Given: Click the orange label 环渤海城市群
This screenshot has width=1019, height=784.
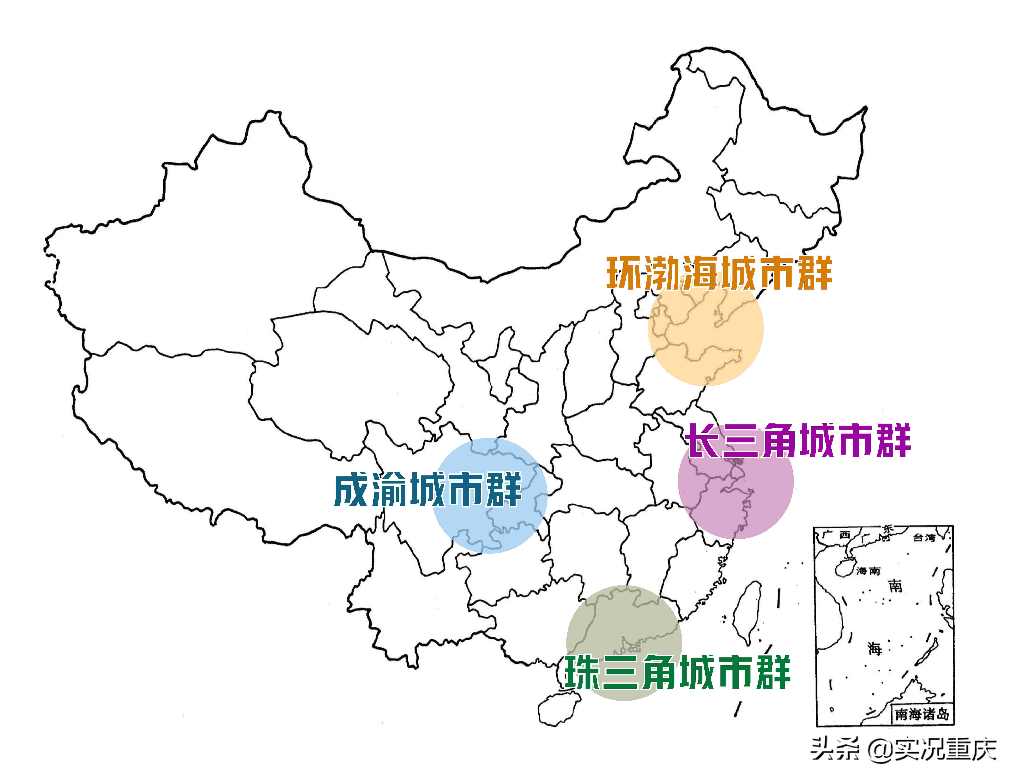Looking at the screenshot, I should coord(719,273).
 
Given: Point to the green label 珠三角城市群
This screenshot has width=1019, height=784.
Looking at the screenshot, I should coord(678,672).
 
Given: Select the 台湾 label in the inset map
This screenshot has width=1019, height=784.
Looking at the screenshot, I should coord(924,538).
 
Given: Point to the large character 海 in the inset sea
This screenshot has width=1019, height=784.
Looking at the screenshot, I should coord(875,648).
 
